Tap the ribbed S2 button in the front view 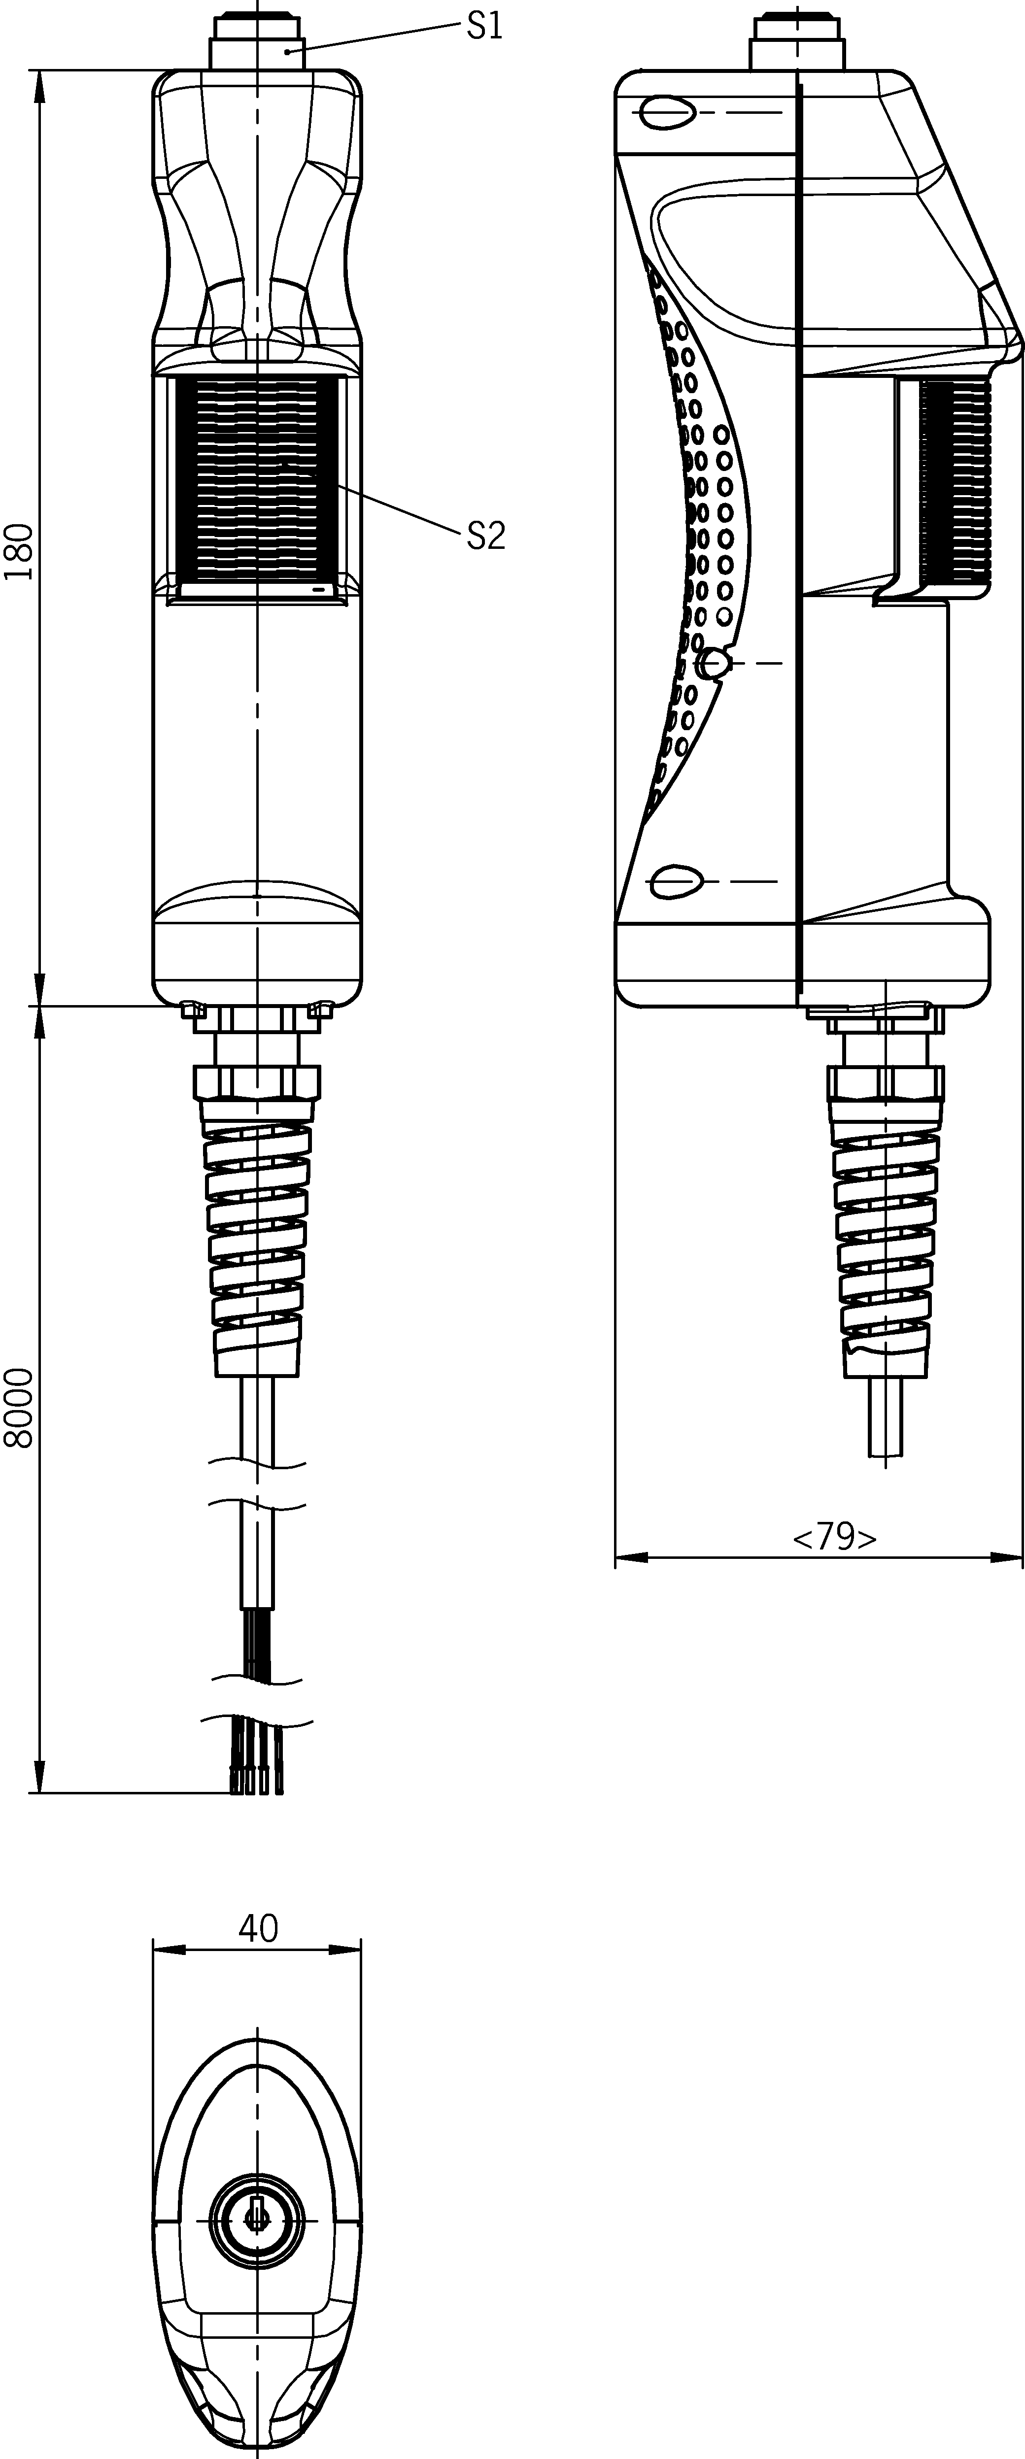pos(258,482)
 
